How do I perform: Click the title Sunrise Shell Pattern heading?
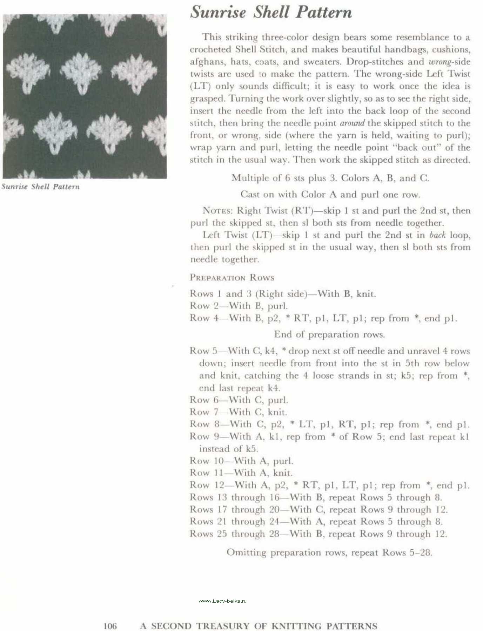coord(271,12)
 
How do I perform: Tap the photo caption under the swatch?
coord(41,186)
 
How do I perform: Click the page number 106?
coord(110,625)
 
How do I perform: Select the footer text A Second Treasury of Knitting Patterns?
coord(259,625)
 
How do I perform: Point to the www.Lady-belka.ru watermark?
coord(222,601)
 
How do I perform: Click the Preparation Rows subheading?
coord(232,278)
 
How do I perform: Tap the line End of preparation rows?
coord(329,334)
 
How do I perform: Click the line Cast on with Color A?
coord(330,195)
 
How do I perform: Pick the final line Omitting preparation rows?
coord(329,552)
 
